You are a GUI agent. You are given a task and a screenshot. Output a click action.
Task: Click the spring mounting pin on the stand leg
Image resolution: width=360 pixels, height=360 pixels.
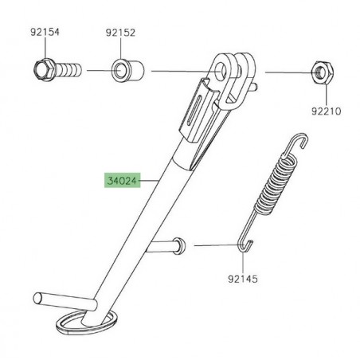[x=176, y=245]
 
